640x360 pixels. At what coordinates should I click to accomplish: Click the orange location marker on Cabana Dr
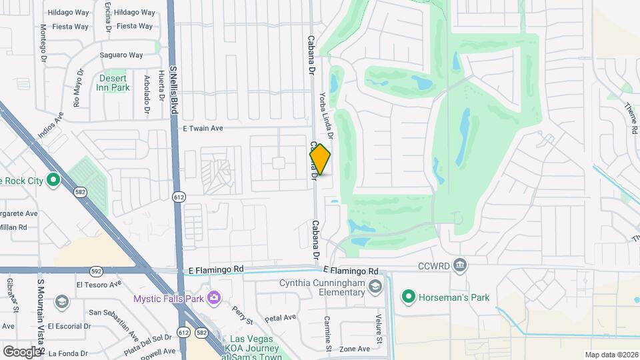coord(320,159)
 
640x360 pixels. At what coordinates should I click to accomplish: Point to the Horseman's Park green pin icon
coord(409,297)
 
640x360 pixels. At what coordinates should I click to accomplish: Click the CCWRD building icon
coord(459,265)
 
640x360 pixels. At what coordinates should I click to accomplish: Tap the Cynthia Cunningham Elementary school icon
coord(375,287)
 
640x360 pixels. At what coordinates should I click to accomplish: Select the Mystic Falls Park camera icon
coord(213,297)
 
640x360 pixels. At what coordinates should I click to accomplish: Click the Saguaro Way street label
coord(121,55)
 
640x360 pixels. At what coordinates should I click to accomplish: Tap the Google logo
coord(22,351)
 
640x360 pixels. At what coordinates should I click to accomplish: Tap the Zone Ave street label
coord(354,349)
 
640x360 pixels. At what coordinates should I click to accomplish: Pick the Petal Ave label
coord(280,317)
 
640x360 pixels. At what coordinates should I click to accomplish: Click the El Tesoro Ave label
coord(99,285)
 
